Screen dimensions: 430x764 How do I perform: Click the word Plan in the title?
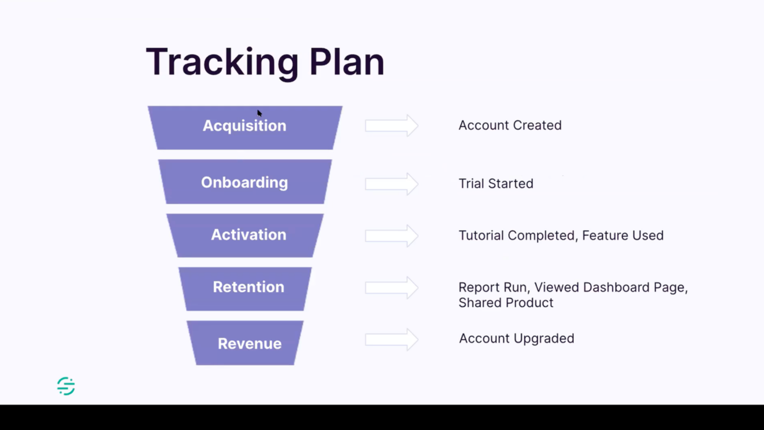(x=347, y=63)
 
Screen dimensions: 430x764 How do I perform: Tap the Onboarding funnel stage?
(x=245, y=182)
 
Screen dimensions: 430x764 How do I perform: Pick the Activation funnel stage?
(x=245, y=235)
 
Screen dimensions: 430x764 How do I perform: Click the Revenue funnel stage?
(x=245, y=343)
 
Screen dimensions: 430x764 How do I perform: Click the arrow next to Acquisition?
(x=392, y=126)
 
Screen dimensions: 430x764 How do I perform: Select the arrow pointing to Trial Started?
(x=392, y=184)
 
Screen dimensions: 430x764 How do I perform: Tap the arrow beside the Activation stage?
(x=392, y=236)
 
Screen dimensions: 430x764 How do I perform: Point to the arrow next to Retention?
(x=392, y=287)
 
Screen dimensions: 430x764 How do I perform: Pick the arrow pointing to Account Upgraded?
(x=392, y=340)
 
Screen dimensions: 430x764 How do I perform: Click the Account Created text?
(x=510, y=125)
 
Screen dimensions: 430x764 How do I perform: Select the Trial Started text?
(x=496, y=184)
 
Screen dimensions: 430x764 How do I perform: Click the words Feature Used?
(x=623, y=236)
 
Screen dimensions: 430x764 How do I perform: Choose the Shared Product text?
(x=506, y=303)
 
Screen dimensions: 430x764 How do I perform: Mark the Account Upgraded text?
(x=516, y=338)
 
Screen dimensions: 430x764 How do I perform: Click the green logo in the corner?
(x=66, y=386)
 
